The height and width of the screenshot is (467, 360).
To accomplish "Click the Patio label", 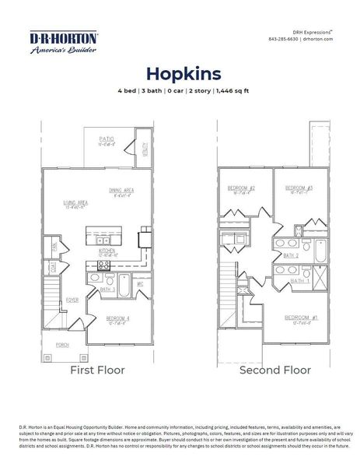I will tap(107, 139).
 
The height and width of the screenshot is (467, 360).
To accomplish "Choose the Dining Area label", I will tap(122, 190).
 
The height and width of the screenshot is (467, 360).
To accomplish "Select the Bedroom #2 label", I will tap(241, 189).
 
